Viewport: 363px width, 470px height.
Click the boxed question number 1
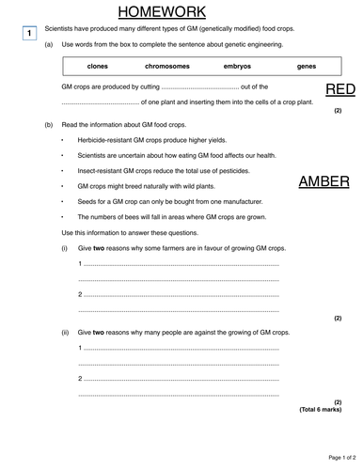pyautogui.click(x=29, y=34)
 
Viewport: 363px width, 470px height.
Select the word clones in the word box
pyautogui.click(x=97, y=67)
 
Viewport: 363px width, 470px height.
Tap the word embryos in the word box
pyautogui.click(x=237, y=67)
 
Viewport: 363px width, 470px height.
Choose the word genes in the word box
pyautogui.click(x=307, y=67)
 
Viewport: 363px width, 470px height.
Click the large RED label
pyautogui.click(x=339, y=89)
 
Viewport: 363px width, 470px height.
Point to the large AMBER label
pyautogui.click(x=324, y=181)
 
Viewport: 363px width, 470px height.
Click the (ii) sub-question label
pyautogui.click(x=66, y=333)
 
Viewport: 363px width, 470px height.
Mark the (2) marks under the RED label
pyautogui.click(x=338, y=111)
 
